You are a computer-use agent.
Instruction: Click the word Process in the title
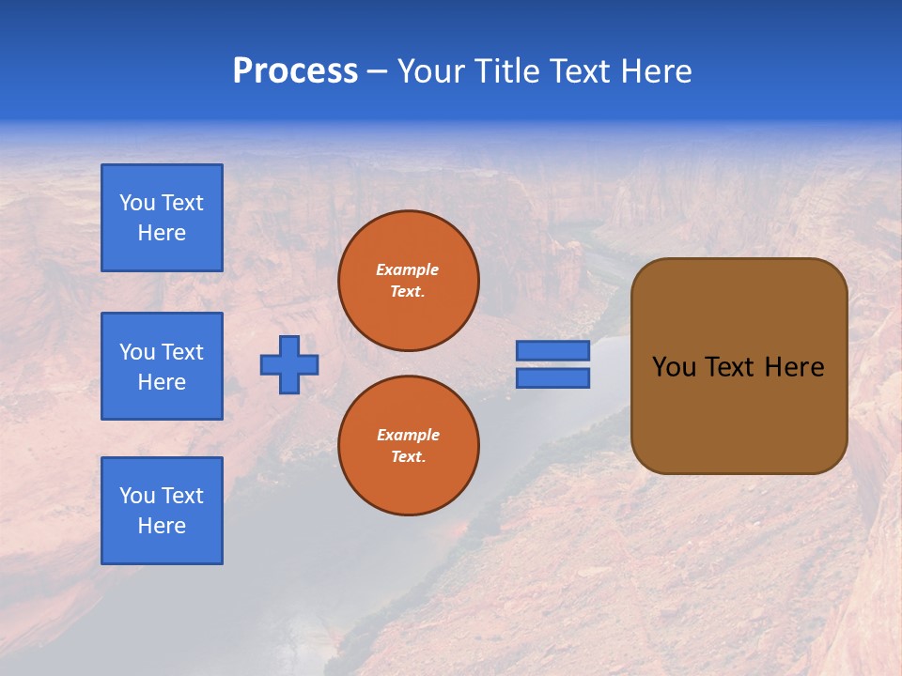[x=295, y=71]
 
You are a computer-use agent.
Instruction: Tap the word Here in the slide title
[x=654, y=71]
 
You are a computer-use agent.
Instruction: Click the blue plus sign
[x=289, y=364]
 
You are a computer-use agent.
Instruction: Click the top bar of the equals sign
[x=552, y=350]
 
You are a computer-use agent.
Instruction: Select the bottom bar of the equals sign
[x=552, y=378]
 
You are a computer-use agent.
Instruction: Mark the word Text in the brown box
[x=730, y=367]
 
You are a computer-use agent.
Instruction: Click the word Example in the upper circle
[x=408, y=269]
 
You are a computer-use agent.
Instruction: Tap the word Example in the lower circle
[x=408, y=435]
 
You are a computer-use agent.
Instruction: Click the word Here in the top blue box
[x=162, y=233]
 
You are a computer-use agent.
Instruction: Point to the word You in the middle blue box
[x=136, y=352]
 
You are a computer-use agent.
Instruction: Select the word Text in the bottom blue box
[x=182, y=496]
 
